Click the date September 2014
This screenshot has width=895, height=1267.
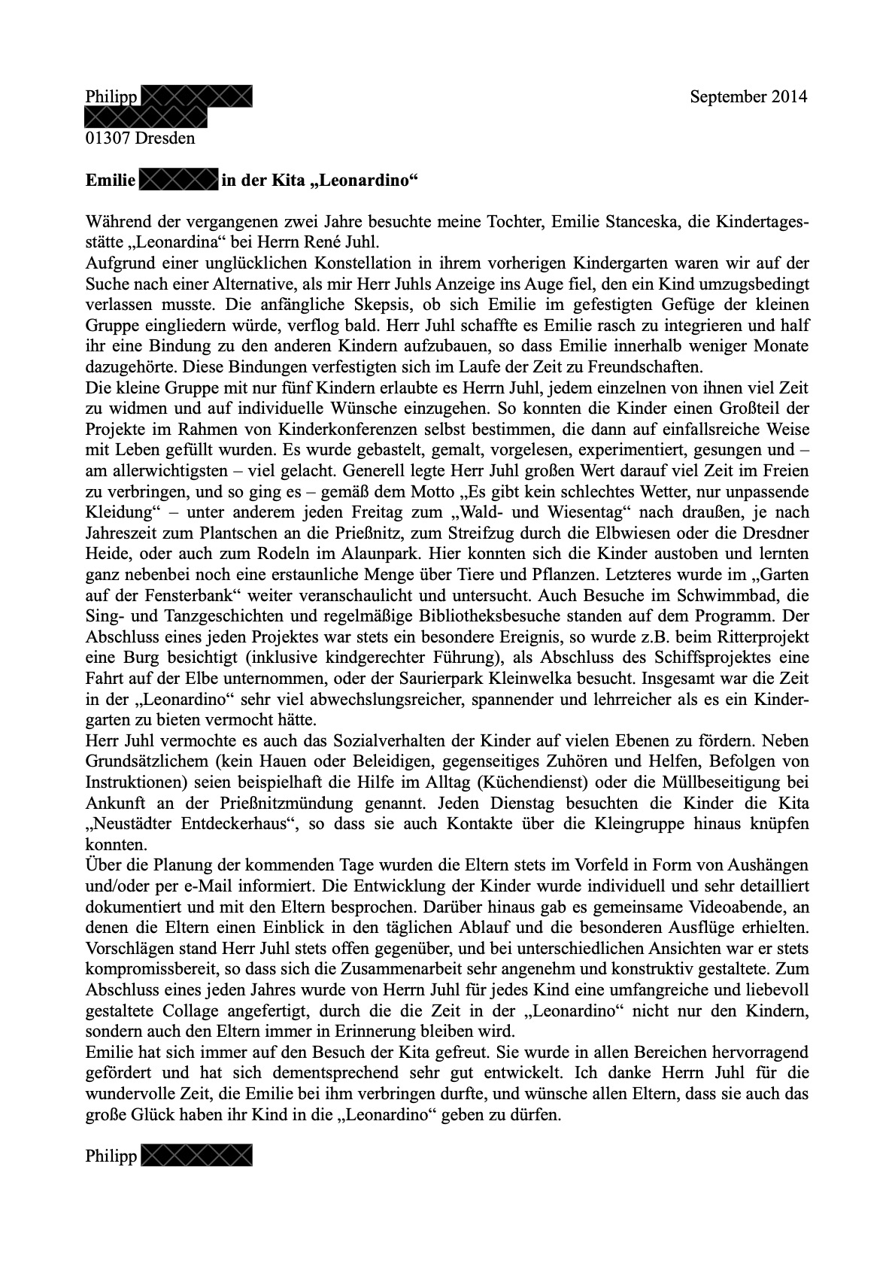(748, 97)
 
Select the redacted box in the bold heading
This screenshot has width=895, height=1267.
(178, 181)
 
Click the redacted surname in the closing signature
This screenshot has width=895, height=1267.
(196, 1156)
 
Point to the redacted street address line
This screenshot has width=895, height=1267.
(146, 117)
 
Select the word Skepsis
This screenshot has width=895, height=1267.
(278, 305)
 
